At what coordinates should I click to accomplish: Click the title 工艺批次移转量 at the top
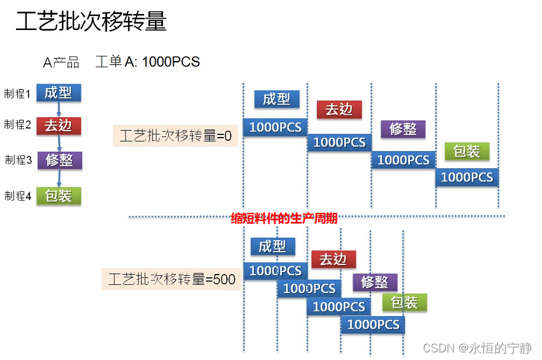91,22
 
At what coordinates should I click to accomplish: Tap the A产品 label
61,62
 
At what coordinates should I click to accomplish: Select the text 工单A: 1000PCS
147,62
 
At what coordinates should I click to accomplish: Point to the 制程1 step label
17,94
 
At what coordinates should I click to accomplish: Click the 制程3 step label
18,159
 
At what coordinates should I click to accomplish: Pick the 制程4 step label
18,196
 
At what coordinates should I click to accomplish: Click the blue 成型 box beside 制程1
58,93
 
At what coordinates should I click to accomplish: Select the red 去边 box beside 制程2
58,126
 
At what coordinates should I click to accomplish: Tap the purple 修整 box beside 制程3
61,160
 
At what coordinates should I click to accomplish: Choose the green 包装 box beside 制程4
59,196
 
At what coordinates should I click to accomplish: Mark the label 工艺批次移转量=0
175,136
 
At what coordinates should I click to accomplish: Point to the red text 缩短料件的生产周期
284,219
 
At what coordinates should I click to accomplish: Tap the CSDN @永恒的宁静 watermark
477,348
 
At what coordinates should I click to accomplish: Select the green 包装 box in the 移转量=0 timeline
467,151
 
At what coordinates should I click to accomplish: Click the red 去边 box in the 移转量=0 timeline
339,109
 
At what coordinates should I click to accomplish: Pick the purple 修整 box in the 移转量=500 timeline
375,282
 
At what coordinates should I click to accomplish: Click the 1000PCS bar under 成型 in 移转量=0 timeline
275,127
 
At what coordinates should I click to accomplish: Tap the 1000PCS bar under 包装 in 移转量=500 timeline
373,324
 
